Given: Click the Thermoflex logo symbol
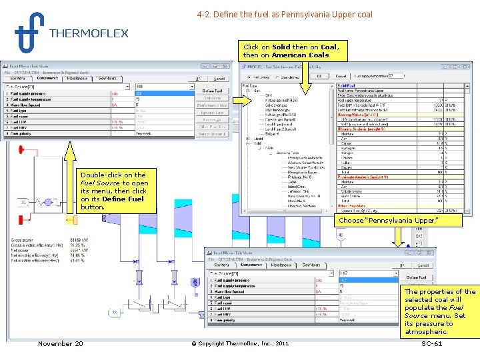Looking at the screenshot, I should click(29, 33).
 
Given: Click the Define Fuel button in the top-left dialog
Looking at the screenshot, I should click(212, 91).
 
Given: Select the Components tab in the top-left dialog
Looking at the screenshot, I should click(48, 78).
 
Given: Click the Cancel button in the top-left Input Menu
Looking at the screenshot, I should click(217, 78).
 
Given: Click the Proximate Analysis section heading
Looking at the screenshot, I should click(363, 176).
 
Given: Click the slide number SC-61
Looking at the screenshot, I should click(432, 343).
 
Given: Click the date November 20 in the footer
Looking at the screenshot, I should click(61, 343).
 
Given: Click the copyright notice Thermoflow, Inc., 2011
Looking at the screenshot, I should click(240, 343).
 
